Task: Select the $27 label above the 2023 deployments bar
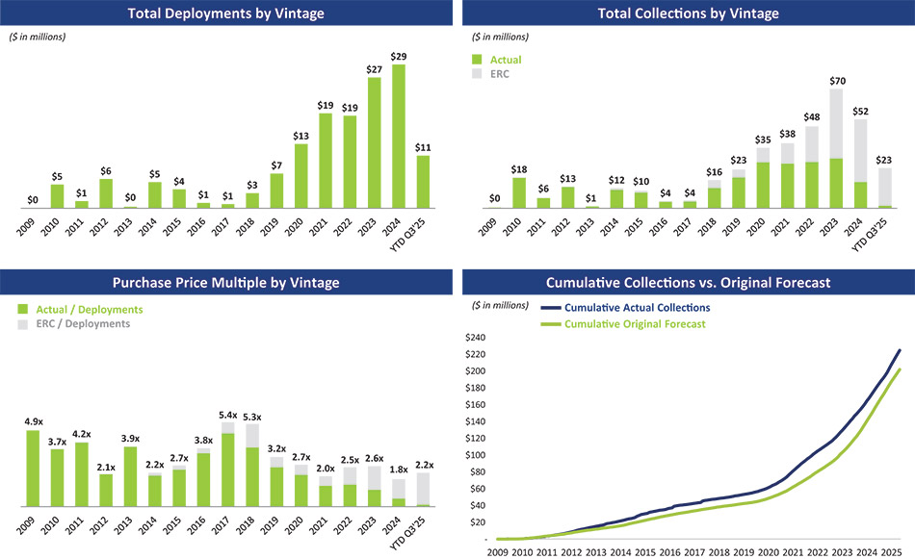[375, 69]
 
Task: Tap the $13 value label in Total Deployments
[301, 136]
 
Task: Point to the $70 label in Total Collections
[837, 81]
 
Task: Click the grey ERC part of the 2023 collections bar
[837, 123]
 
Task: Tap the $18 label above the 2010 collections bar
[519, 170]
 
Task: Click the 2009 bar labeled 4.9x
[33, 468]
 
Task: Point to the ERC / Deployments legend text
[83, 323]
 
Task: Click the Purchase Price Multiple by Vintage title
[225, 283]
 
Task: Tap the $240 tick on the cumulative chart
[477, 338]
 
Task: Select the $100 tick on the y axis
[477, 455]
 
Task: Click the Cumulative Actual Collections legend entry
[637, 308]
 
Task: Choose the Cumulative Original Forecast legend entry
[635, 324]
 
